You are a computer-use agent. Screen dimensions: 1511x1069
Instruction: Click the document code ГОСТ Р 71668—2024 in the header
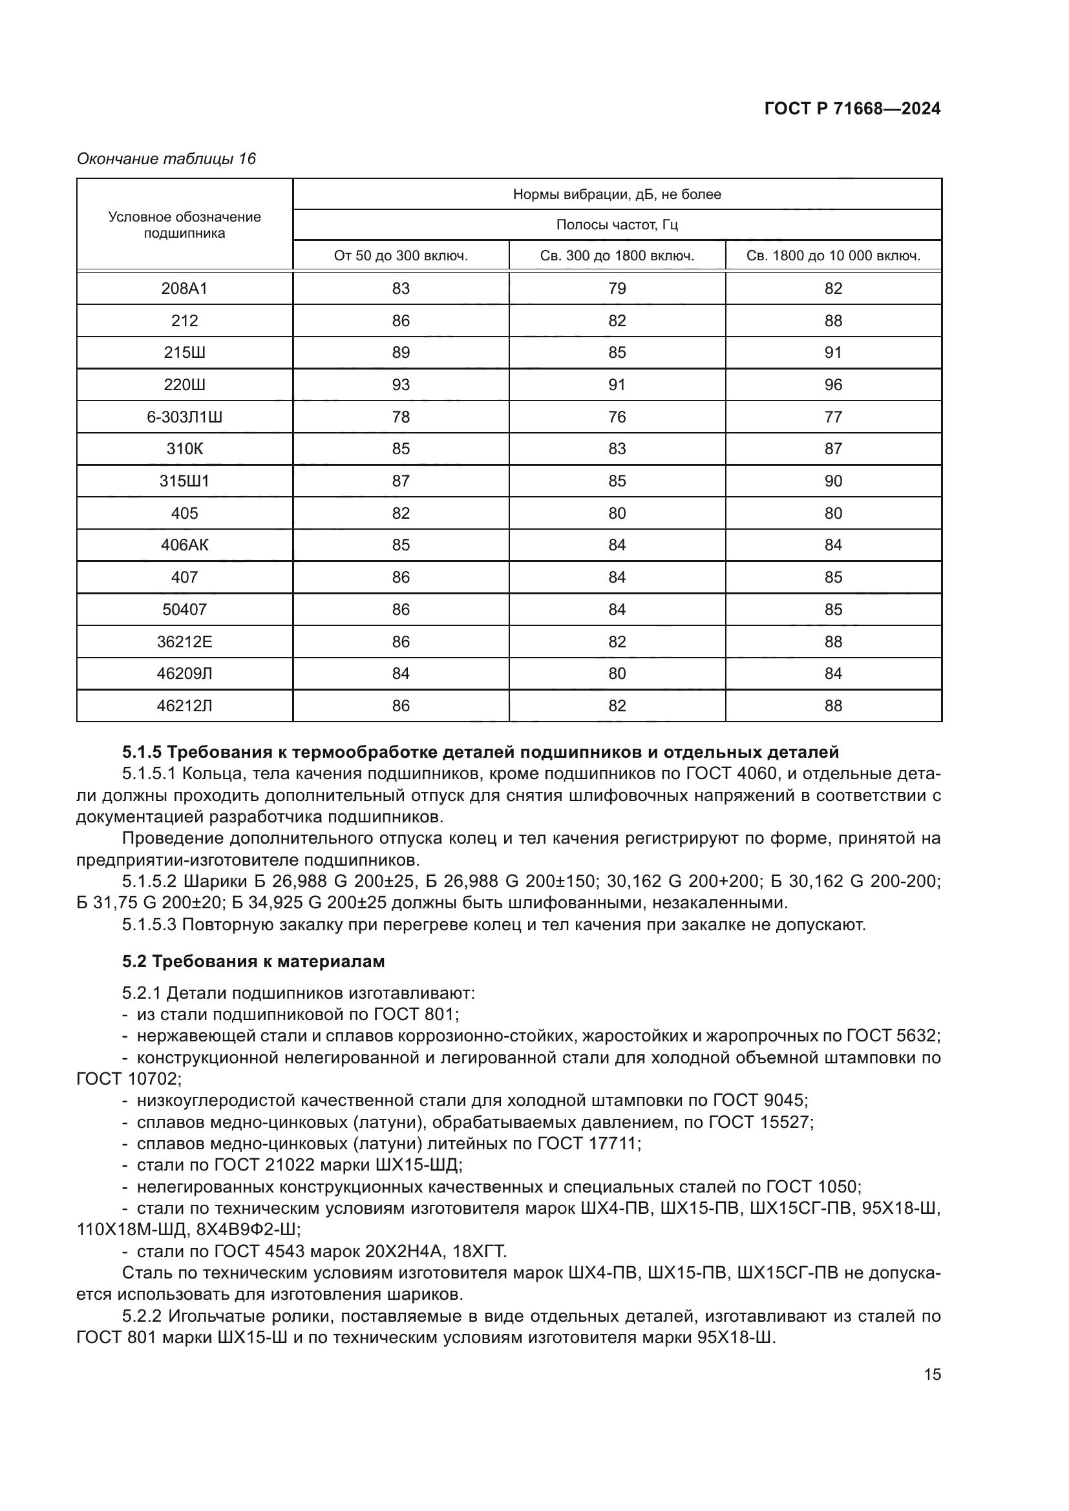pos(852,109)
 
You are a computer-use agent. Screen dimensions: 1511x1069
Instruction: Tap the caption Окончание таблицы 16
pos(166,159)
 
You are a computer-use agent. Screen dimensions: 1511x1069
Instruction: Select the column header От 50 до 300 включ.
pos(400,256)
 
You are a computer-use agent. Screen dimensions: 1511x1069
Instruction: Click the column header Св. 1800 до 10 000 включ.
pos(832,256)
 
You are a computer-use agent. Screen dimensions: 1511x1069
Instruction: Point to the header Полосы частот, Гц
pos(617,225)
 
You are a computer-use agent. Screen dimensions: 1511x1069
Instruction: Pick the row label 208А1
pos(184,288)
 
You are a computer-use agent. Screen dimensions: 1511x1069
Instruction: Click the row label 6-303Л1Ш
pos(184,417)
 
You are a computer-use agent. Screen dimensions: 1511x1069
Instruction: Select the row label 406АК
pos(184,545)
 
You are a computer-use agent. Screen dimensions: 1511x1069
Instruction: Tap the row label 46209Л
pos(184,673)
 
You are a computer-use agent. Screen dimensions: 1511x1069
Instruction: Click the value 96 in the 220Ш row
pos(832,384)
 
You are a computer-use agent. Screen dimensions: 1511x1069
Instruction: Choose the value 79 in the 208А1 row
pos(617,288)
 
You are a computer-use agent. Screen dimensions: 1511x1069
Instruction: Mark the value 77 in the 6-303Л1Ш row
pos(832,417)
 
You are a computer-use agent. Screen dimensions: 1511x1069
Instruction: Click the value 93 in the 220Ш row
pos(400,384)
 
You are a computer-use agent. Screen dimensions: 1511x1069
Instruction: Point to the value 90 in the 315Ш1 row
pos(832,481)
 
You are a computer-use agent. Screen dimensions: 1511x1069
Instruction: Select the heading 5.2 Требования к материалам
pos(253,961)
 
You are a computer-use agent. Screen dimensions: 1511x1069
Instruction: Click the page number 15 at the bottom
pos(932,1374)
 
